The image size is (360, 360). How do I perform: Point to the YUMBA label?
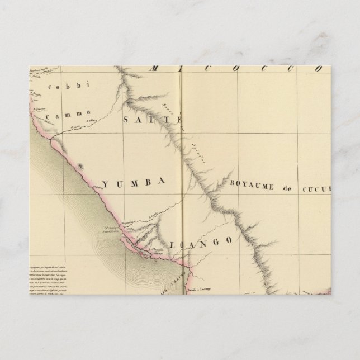[x=134, y=182]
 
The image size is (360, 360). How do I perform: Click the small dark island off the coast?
[x=83, y=166]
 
